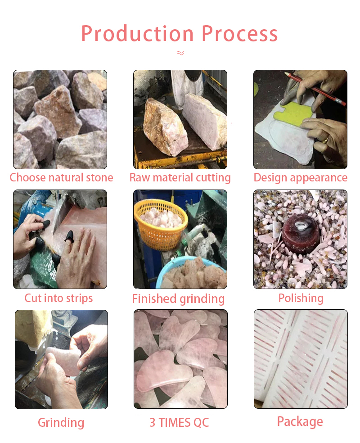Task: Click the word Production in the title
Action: (137, 34)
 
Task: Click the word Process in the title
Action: (240, 34)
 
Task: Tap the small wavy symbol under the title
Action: (180, 53)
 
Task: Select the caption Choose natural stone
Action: (61, 178)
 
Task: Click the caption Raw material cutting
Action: (180, 178)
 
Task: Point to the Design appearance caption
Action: (301, 178)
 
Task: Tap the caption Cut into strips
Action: (58, 298)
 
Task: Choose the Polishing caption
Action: (301, 298)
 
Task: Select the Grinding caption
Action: (61, 423)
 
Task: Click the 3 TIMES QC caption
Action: (179, 423)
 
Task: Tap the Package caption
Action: (300, 422)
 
